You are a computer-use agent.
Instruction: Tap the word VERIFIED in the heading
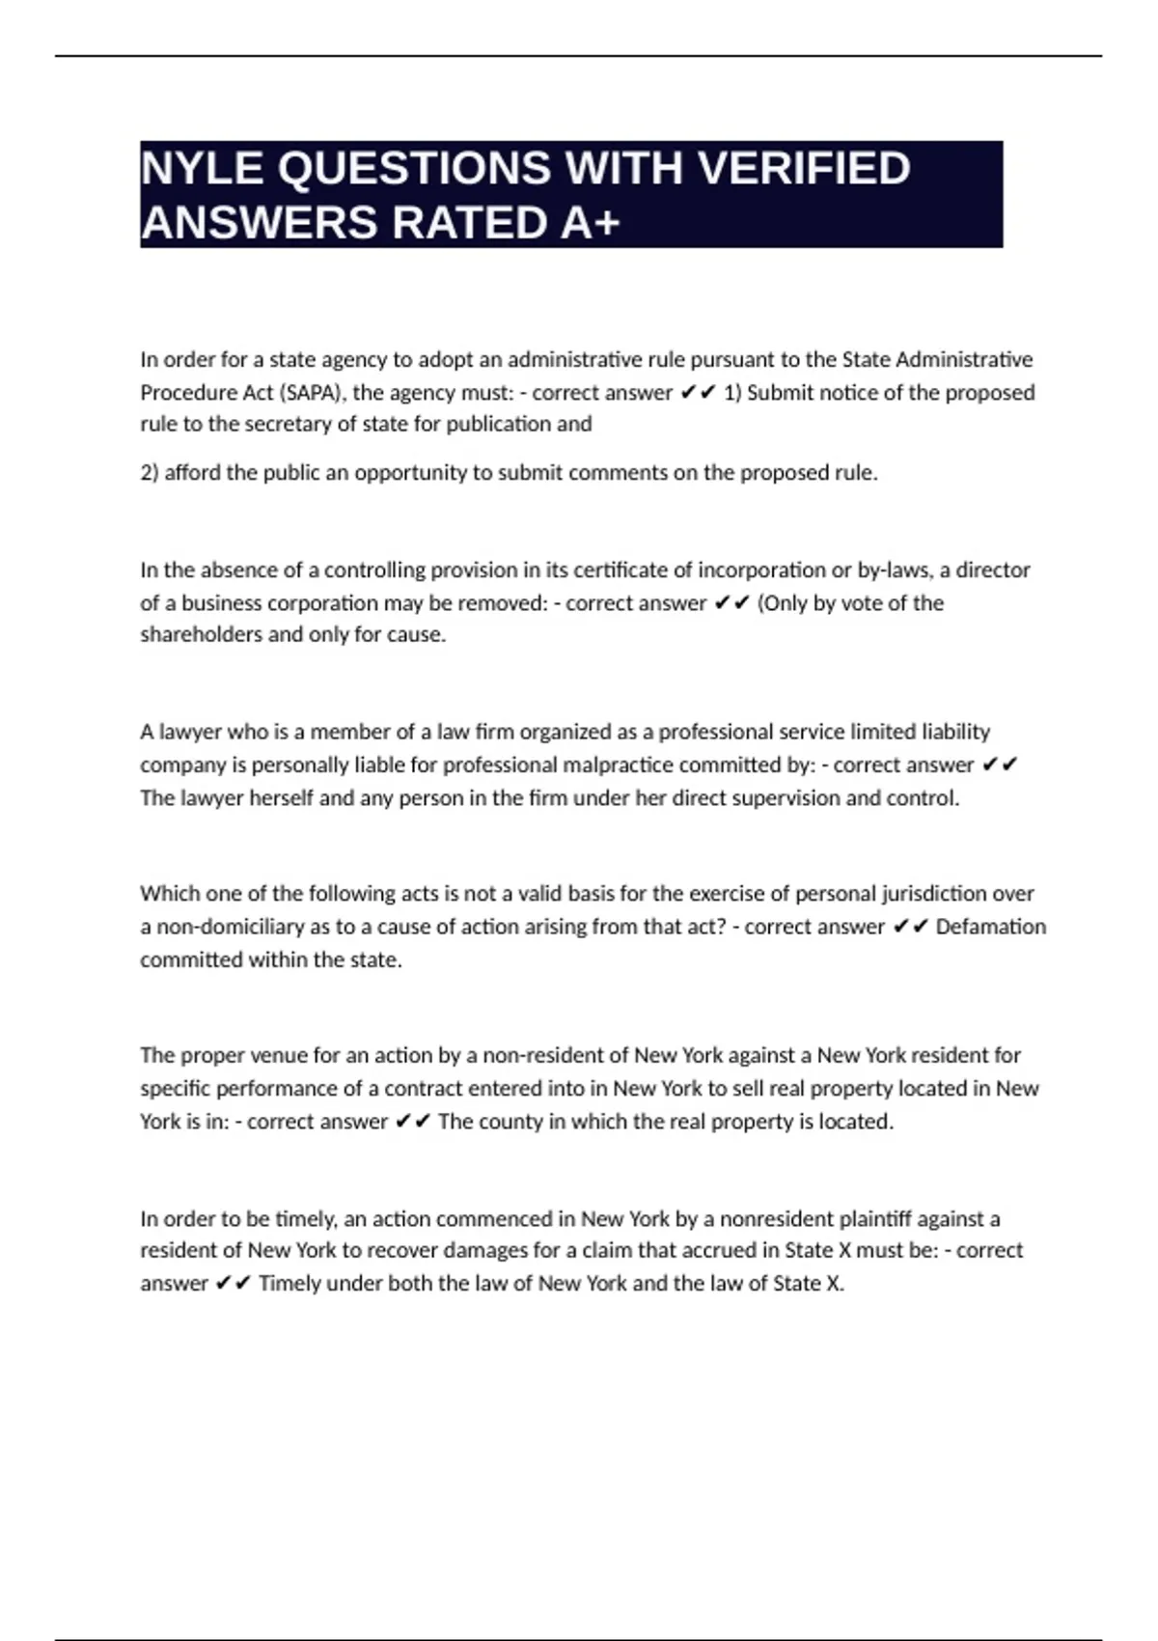[803, 169]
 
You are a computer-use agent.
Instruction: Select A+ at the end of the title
[589, 224]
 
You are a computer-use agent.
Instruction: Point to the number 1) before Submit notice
[732, 393]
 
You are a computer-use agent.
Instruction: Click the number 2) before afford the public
[150, 473]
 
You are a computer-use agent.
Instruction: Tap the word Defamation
[990, 927]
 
